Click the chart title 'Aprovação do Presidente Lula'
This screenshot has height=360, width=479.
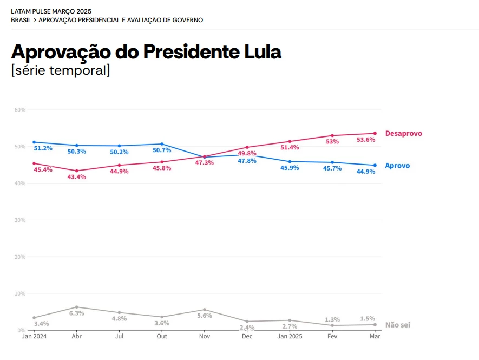[x=146, y=53]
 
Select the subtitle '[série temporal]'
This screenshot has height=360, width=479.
[x=61, y=70]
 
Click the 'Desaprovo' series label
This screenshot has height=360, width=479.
[x=403, y=134]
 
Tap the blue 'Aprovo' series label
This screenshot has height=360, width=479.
[x=397, y=166]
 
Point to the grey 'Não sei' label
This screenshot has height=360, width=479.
[x=397, y=325]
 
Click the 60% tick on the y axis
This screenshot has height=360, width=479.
[x=19, y=110]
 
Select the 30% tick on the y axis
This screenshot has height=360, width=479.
[x=19, y=220]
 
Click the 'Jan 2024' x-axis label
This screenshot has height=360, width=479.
[x=34, y=337]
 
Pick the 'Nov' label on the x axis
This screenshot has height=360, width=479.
[x=205, y=337]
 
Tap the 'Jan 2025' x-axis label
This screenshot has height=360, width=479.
[x=290, y=337]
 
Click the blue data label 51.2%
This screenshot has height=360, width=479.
[x=43, y=148]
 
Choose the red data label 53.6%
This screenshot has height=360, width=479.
[x=366, y=140]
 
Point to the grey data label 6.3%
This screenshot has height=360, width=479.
[x=76, y=313]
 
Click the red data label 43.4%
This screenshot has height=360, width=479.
[x=76, y=177]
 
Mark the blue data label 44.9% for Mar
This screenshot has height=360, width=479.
[x=366, y=172]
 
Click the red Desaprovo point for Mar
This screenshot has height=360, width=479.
[x=375, y=134]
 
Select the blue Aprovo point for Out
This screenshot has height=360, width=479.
[x=162, y=144]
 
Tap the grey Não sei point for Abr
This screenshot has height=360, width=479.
[x=76, y=307]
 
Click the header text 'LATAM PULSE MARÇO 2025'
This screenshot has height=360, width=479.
[x=51, y=11]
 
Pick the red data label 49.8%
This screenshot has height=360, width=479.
[x=247, y=153]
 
